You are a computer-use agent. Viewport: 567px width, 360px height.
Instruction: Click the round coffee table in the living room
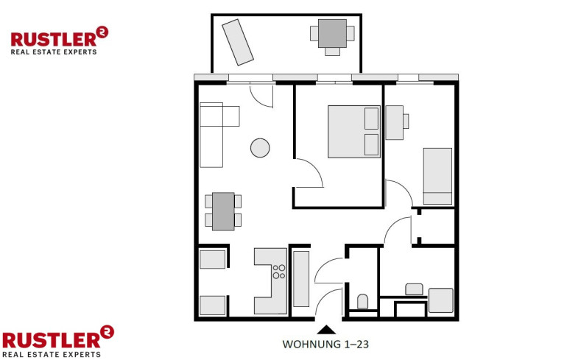click(x=260, y=148)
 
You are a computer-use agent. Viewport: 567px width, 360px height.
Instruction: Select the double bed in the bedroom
click(x=354, y=132)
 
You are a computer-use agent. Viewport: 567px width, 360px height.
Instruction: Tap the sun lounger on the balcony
click(x=238, y=42)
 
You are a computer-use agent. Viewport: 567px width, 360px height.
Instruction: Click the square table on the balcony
click(x=332, y=33)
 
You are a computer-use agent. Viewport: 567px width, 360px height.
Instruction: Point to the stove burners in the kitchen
click(x=279, y=272)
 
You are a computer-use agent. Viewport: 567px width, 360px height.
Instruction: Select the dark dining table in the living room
click(x=223, y=211)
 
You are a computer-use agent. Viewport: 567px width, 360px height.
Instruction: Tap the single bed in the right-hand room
click(x=437, y=176)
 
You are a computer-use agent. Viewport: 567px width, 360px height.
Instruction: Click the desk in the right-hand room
click(x=395, y=122)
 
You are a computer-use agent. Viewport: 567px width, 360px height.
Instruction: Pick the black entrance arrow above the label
click(x=326, y=329)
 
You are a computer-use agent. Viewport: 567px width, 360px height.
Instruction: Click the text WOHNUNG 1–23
click(x=325, y=344)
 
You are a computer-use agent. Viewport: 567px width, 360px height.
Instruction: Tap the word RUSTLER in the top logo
click(x=54, y=40)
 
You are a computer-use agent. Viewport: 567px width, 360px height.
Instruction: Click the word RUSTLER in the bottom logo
click(x=51, y=340)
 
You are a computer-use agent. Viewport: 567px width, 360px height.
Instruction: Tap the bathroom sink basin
click(x=414, y=289)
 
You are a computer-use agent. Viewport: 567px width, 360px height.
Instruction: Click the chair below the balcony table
click(x=332, y=52)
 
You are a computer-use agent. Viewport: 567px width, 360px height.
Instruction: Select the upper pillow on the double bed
click(x=372, y=119)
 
